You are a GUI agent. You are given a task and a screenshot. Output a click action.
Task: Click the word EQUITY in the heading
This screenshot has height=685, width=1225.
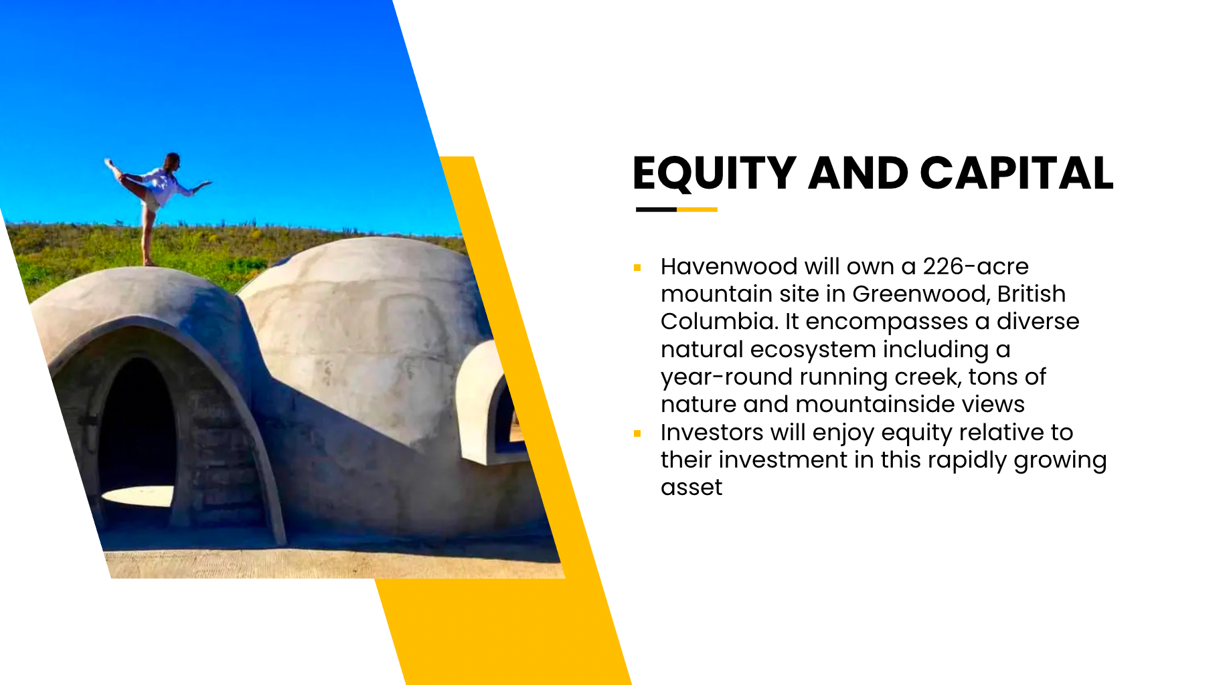[x=714, y=174]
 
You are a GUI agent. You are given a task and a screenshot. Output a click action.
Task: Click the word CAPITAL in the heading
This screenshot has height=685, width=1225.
[x=1017, y=173]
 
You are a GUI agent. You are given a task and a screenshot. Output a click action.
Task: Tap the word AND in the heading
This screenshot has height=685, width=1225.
[x=858, y=173]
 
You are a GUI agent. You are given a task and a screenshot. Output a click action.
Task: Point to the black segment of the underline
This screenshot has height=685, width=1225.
[x=656, y=209]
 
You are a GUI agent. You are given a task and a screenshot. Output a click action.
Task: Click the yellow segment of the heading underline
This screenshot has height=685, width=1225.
[x=697, y=209]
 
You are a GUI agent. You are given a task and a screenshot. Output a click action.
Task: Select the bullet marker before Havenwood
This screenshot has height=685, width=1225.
[x=637, y=268]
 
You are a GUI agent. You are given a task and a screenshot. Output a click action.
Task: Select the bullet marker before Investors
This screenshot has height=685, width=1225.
[x=637, y=433]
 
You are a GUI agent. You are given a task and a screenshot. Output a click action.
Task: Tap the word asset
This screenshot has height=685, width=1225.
[x=691, y=488]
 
